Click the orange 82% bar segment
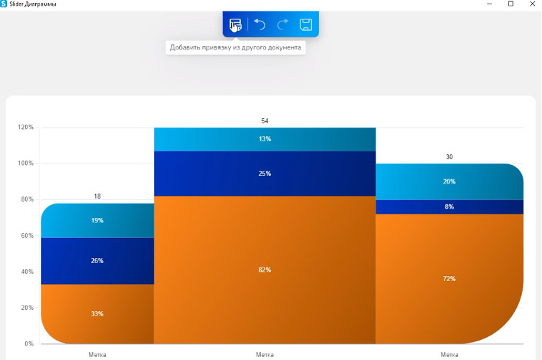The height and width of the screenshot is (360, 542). pos(265,270)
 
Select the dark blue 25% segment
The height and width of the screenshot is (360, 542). pos(265,174)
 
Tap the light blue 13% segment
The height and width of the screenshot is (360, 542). pos(265,139)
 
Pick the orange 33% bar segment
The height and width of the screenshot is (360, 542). pos(97,314)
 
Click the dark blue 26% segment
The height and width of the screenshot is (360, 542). pos(97,261)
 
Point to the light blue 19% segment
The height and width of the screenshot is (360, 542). pos(97,221)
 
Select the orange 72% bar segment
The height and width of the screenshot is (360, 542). pos(450,278)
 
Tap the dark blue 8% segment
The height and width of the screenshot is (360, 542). pos(450,207)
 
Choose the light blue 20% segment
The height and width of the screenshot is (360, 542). pos(450,181)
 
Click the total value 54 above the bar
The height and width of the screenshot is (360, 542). pos(265,121)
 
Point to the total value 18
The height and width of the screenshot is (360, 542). pos(97,196)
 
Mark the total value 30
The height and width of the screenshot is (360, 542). pos(450,157)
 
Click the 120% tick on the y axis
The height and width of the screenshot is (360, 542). pos(26,128)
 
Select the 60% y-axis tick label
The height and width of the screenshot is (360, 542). pos(27,236)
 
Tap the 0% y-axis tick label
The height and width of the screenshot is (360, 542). pos(29,344)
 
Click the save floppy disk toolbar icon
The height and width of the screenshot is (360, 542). pos(305,25)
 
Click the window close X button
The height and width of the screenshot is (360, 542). pos(531,4)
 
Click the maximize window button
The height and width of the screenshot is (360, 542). pos(510,4)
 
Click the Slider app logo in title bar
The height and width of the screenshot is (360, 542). pos(4,4)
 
